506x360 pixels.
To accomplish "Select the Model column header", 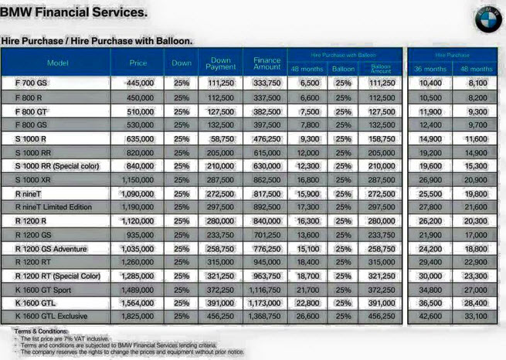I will pyautogui.click(x=58, y=62).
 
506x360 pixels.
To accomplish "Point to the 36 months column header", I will pyautogui.click(x=430, y=69).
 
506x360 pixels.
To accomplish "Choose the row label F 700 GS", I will pyautogui.click(x=31, y=83).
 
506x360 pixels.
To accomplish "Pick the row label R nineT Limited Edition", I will pyautogui.click(x=53, y=207).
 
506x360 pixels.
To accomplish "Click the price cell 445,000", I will pyautogui.click(x=140, y=83).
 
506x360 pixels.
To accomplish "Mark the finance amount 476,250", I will pyautogui.click(x=267, y=139).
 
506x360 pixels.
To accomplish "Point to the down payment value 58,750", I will pyautogui.click(x=222, y=139).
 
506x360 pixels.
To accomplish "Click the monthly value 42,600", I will pyautogui.click(x=430, y=317).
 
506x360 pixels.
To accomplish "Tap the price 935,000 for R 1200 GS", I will pyautogui.click(x=140, y=234).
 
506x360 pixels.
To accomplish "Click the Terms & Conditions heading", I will pyautogui.click(x=39, y=331).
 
